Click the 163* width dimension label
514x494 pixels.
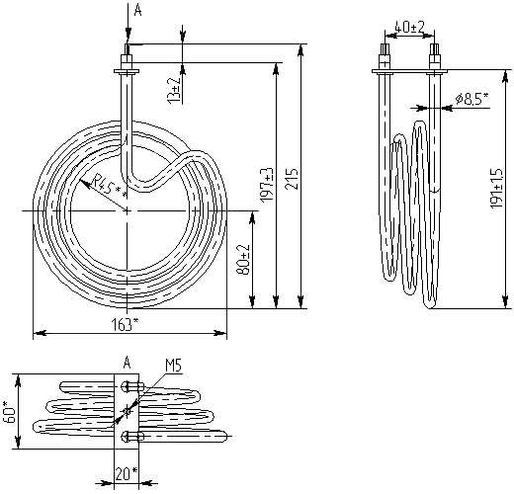[125, 325]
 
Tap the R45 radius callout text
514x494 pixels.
[109, 187]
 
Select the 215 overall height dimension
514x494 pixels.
[292, 179]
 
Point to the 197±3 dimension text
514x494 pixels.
[267, 185]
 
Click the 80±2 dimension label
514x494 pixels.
[245, 260]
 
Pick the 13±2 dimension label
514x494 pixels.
[174, 89]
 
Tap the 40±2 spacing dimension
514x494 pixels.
[409, 28]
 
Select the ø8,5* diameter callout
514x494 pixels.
[471, 98]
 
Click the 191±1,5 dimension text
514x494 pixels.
[496, 188]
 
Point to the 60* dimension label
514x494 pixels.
[10, 411]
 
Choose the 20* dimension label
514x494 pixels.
[127, 473]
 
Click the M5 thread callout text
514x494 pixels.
[173, 366]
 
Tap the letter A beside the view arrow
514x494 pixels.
[138, 10]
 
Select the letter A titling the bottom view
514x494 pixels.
[128, 363]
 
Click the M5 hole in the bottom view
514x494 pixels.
[127, 411]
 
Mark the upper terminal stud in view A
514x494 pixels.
[131, 386]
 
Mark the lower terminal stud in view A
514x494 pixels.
[131, 437]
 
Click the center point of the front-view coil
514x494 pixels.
[127, 210]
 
